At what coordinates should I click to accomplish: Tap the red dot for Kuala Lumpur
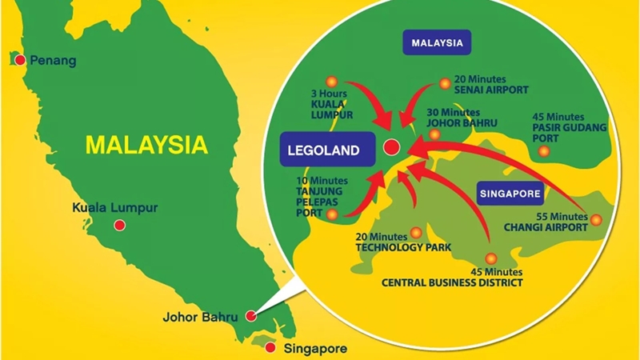pos(119,225)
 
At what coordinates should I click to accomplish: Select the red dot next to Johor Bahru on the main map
pos(251,315)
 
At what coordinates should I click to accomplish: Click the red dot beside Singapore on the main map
pos(270,348)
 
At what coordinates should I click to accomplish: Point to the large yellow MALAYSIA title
pos(146,145)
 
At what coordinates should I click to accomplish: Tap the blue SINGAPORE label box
pos(510,193)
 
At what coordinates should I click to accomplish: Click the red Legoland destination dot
pos(391,146)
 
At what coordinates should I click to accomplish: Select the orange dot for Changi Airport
pos(595,218)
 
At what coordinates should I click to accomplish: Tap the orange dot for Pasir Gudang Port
pos(544,150)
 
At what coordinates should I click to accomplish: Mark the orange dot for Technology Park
pos(415,232)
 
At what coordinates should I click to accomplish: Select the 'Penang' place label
pos(53,61)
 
